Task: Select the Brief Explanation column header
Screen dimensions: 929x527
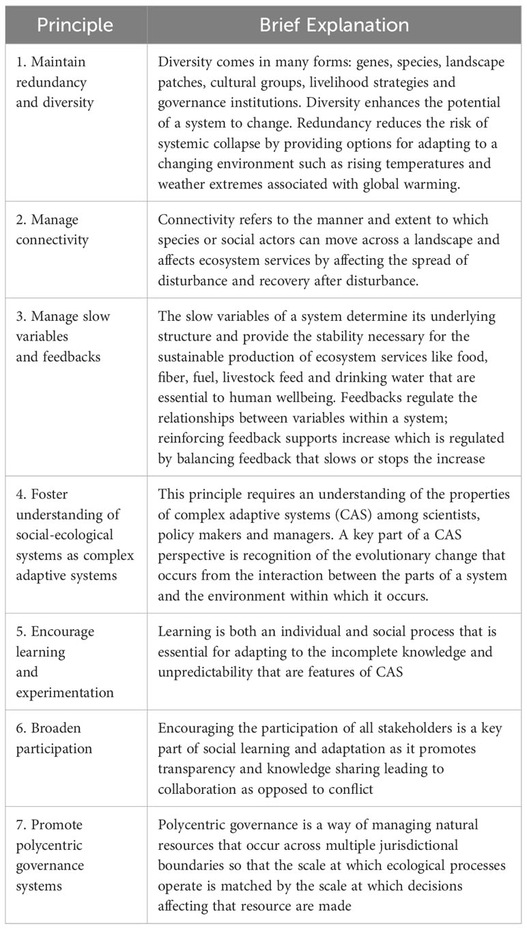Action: point(334,25)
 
